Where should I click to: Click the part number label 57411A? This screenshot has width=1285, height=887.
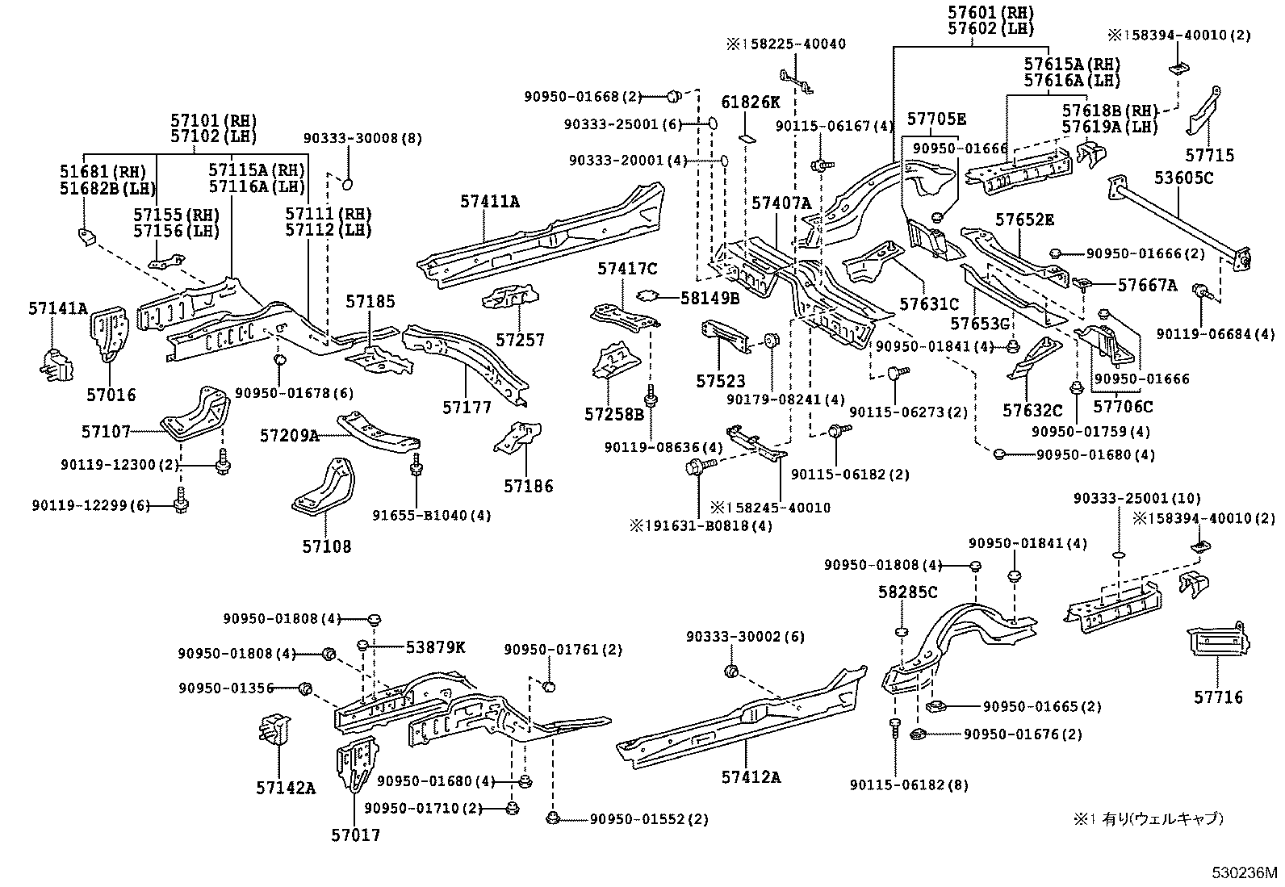coord(490,202)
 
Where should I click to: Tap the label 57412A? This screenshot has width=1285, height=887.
coord(751,777)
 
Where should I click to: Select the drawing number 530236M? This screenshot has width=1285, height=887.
coord(1244,872)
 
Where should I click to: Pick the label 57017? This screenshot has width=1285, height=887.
coord(354,835)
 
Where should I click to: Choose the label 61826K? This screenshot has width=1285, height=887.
coord(750,102)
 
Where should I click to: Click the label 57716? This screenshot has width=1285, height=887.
coord(1218,697)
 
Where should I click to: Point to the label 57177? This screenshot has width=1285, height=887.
coord(467,408)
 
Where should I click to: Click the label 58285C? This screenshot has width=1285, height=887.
coord(907,593)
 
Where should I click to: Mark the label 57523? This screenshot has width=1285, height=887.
coord(721,381)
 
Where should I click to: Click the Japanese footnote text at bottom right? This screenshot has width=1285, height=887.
coord(1148,818)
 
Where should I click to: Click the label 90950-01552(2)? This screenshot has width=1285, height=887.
coord(648,819)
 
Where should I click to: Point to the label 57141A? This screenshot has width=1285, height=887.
coord(58,308)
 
